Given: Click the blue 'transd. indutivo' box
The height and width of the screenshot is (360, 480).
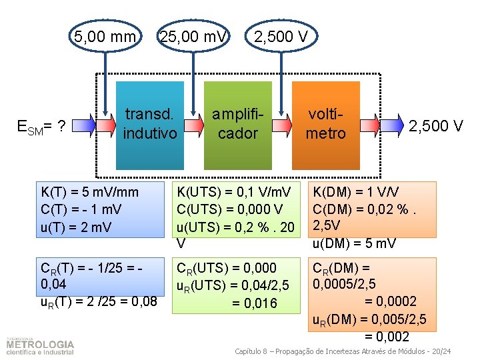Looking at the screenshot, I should pos(150,125).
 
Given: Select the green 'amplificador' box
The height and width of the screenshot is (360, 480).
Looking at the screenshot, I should pos(237,125).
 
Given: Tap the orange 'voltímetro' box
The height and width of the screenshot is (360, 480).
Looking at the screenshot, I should pos(325,125).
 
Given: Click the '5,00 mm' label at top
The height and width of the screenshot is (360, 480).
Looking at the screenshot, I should pos(104,36).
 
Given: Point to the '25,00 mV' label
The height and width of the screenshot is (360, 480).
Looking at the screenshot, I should pos(192,36).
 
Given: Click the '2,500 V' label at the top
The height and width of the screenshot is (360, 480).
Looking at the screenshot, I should pos(280,36).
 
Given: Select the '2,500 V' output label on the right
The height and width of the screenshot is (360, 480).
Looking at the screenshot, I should pos(435,125).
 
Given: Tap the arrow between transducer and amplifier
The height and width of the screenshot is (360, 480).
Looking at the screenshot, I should pos(193,124).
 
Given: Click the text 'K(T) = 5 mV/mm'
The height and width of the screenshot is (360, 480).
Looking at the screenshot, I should pos(90,193).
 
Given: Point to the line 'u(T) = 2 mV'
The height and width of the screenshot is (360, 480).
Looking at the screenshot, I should pos(74,227).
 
